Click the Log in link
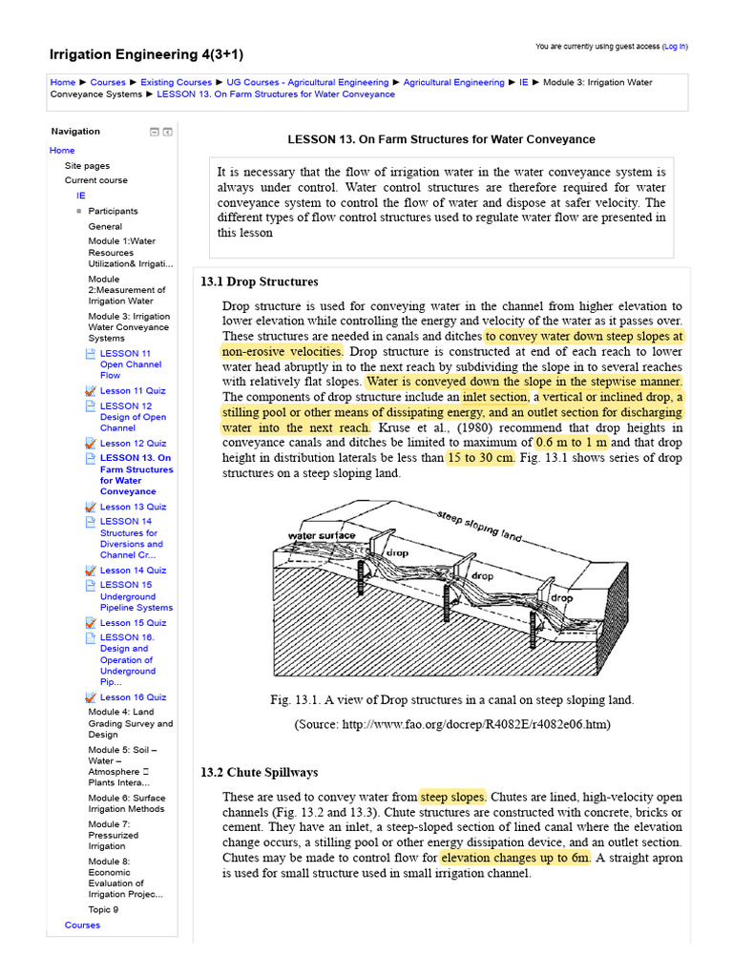(674, 46)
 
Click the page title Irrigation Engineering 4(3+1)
(146, 54)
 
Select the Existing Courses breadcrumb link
(177, 83)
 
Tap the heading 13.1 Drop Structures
(259, 282)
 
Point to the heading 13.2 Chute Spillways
(259, 772)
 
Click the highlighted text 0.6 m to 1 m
(572, 443)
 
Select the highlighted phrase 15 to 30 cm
(481, 458)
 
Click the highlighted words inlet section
(495, 397)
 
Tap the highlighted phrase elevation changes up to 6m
(515, 858)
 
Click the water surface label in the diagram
(322, 535)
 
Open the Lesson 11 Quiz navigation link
(133, 390)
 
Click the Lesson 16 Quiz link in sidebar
(133, 697)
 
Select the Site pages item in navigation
(87, 166)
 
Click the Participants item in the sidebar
(113, 211)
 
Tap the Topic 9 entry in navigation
(103, 910)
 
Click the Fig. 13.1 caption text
(451, 700)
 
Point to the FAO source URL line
(451, 725)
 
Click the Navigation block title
(75, 132)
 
